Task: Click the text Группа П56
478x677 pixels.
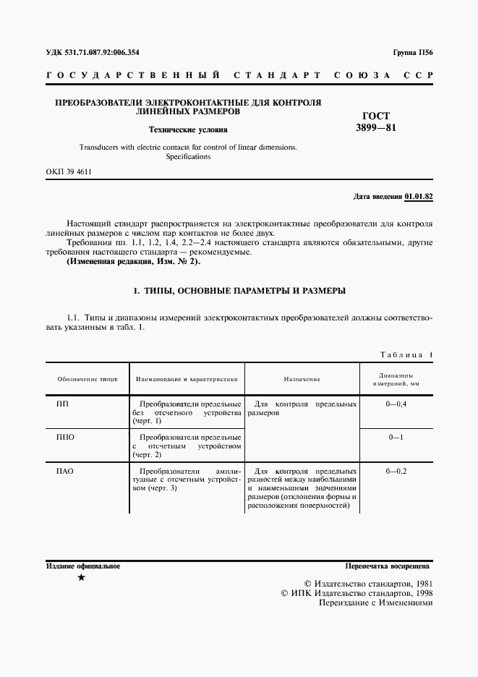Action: coord(412,53)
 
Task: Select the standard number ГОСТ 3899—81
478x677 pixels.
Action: coord(376,122)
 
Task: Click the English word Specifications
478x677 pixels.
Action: coord(187,156)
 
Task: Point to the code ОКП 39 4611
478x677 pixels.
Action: coord(69,172)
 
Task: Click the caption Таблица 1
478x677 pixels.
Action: coord(406,354)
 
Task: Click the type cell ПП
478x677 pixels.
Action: coord(63,403)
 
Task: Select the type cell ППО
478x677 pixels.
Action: coord(66,438)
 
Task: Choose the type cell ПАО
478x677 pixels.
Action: coord(66,472)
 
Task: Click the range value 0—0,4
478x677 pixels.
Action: coord(397,403)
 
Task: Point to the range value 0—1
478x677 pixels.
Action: coord(396,438)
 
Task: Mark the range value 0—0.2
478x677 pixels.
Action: coord(397,472)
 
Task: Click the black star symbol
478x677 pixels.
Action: coord(81,578)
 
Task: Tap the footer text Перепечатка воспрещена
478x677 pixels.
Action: coord(388,566)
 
